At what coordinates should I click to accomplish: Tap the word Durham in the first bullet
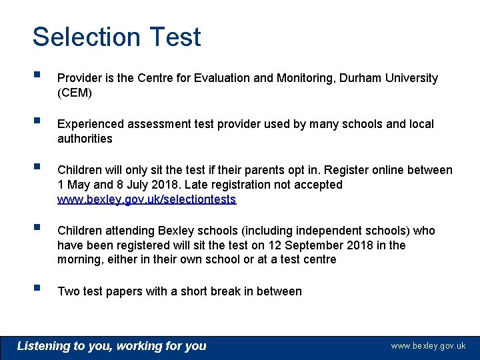point(361,79)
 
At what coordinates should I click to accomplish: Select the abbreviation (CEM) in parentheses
point(75,93)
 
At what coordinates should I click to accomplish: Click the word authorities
point(85,139)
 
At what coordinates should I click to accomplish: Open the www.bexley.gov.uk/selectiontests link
point(147,199)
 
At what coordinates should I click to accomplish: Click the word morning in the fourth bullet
point(79,260)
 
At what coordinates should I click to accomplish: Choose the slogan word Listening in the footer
point(43,346)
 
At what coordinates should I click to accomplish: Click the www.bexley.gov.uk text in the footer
point(428,346)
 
